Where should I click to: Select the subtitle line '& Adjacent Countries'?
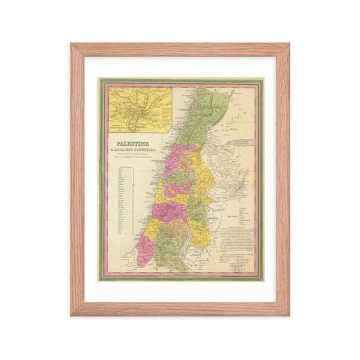134,150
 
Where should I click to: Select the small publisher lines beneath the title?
133,156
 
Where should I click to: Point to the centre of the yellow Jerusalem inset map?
139,109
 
